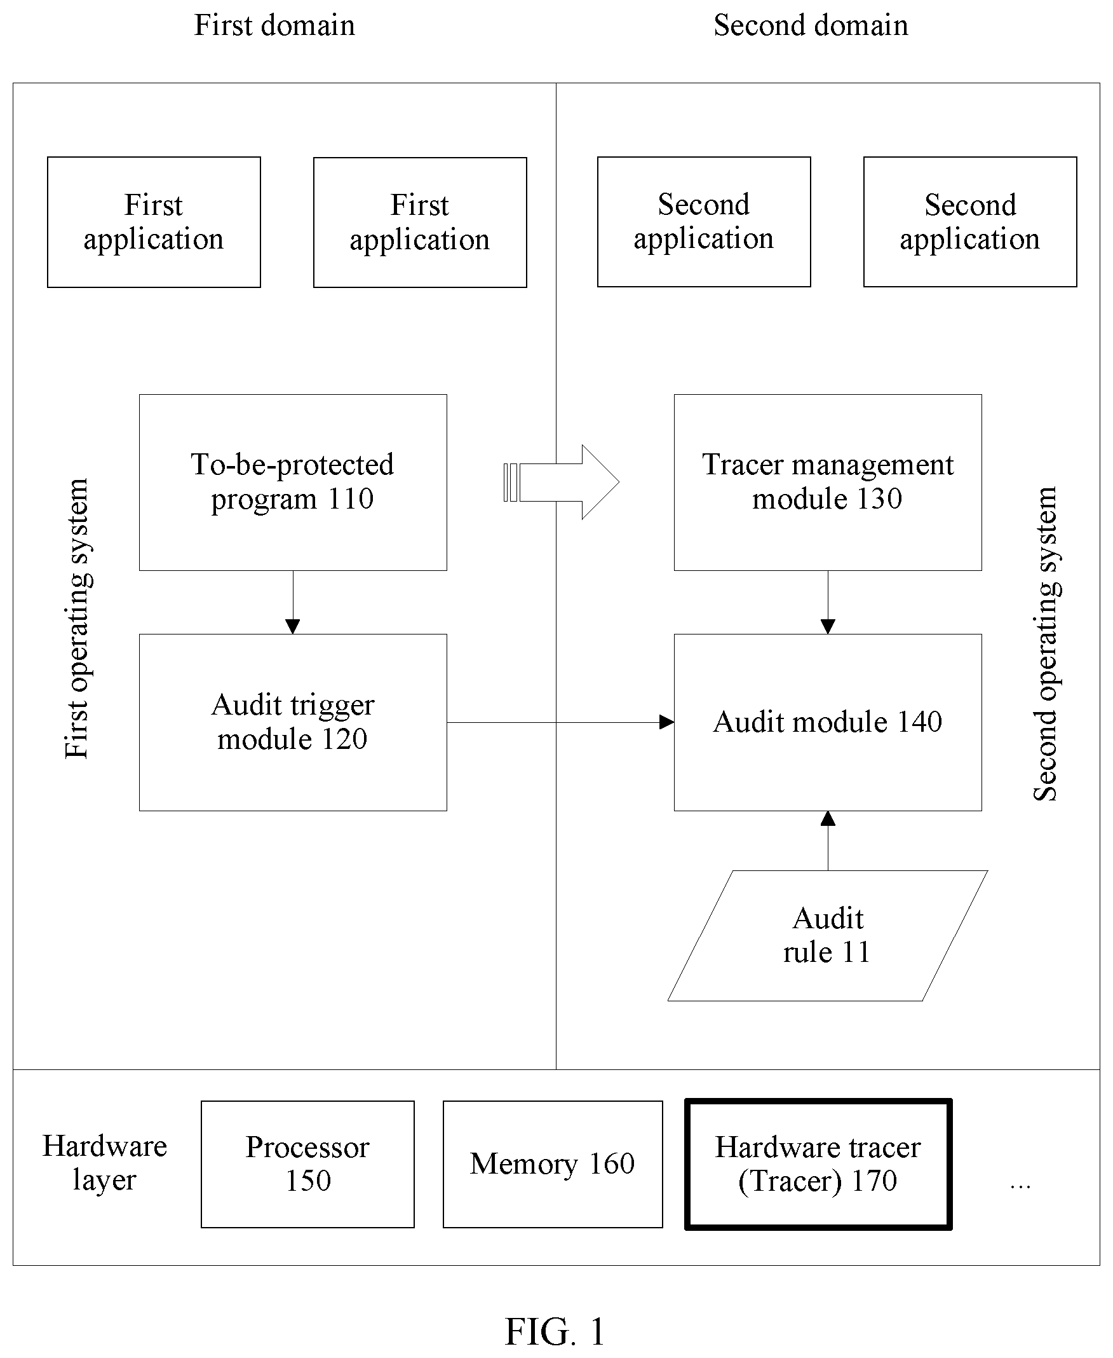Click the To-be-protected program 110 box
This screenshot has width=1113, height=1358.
[293, 483]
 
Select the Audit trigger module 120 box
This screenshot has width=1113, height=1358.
[293, 723]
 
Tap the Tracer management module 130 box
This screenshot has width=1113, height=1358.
[828, 483]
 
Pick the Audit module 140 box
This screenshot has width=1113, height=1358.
[828, 723]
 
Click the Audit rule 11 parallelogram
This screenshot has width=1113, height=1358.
[828, 936]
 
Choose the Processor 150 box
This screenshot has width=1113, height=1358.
[307, 1164]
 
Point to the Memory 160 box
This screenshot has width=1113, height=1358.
[553, 1164]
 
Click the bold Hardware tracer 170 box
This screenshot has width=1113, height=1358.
[818, 1164]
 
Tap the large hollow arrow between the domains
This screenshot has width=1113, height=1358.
[562, 482]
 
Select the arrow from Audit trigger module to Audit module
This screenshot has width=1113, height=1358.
[560, 723]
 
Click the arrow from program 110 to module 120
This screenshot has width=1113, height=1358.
[293, 602]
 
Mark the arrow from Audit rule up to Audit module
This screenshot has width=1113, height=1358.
[828, 841]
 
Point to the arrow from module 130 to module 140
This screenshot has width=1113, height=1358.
[828, 602]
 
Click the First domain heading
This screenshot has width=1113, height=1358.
[274, 25]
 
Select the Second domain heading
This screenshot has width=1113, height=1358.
[811, 25]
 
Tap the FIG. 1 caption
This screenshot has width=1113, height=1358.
[555, 1331]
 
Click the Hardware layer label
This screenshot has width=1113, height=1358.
[105, 1163]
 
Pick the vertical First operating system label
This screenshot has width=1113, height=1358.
[78, 619]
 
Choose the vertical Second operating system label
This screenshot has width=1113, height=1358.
[1046, 644]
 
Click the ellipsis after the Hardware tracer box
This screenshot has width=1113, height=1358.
[1020, 1188]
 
